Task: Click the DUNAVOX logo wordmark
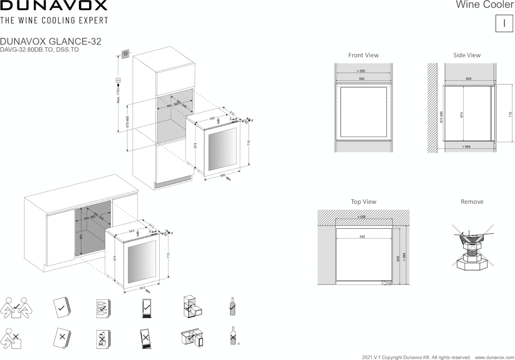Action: point(54,6)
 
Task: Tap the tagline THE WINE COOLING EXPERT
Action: point(54,20)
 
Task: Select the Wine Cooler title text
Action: point(485,5)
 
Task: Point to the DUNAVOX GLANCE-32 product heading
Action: point(51,42)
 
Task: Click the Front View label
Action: point(364,55)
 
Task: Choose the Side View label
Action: point(467,55)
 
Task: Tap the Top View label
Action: point(364,202)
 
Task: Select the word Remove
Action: point(472,202)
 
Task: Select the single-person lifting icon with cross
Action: point(12,337)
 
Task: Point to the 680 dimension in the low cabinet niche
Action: point(81,236)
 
